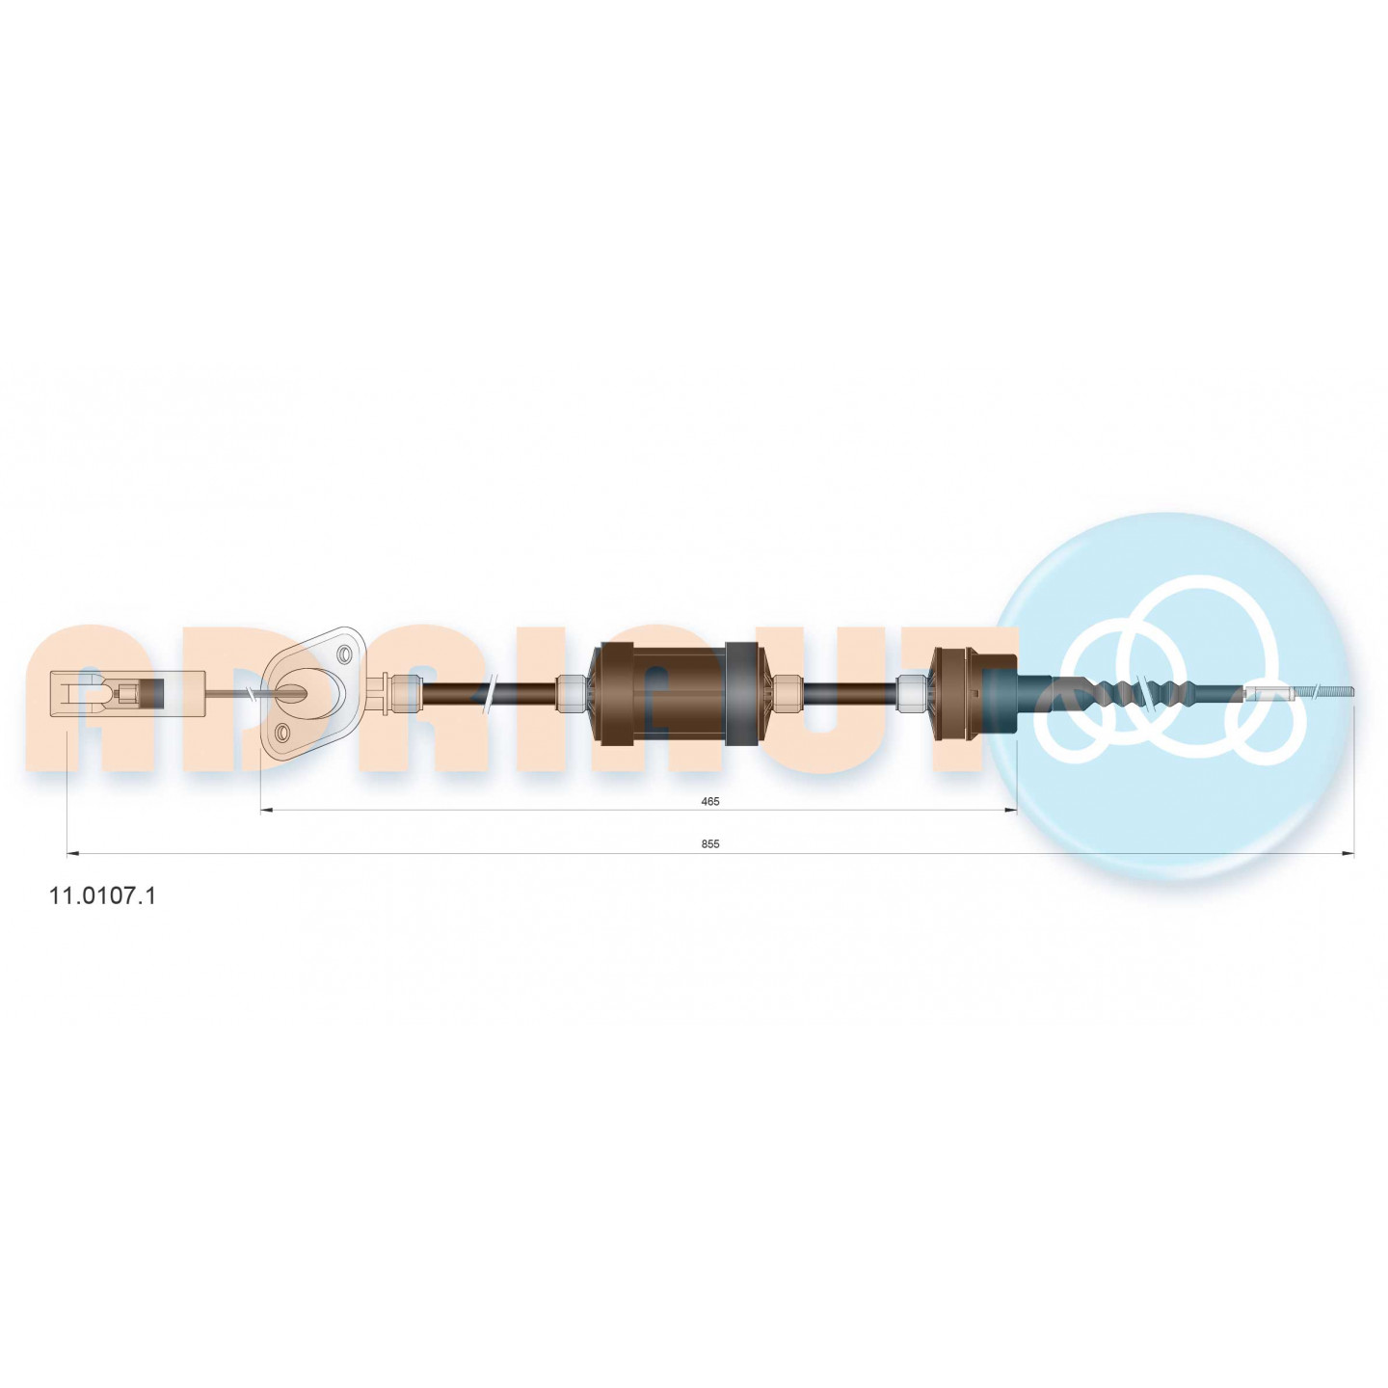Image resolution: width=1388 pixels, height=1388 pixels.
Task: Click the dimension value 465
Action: pos(710,801)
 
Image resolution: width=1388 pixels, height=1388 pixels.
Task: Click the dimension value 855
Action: pos(710,844)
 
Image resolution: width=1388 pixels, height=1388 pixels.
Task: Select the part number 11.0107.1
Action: pos(101,896)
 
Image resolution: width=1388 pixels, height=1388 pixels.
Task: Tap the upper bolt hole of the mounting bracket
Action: pos(345,654)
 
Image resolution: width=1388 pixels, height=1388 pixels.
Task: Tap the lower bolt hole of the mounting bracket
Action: pos(283,734)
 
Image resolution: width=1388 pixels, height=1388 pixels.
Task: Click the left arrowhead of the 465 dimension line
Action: pos(266,811)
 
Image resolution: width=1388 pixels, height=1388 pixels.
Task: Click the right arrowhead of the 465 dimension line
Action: pos(1010,811)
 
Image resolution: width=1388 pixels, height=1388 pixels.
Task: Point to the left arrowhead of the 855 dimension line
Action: pos(72,854)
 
